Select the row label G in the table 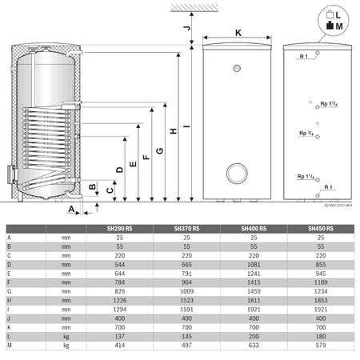[9, 290]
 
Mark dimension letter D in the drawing [119, 169]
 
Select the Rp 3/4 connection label [305, 134]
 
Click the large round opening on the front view [238, 172]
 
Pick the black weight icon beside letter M [329, 27]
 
